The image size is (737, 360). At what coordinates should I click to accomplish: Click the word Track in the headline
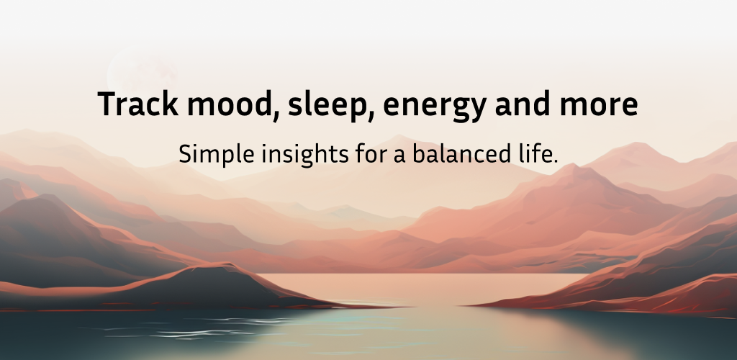137,104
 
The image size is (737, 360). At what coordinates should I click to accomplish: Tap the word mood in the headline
228,104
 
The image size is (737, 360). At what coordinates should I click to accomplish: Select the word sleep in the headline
324,105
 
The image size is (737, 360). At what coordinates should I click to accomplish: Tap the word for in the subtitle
371,153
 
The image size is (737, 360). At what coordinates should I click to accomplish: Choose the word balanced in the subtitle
461,153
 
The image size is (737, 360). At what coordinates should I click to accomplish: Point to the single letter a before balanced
400,156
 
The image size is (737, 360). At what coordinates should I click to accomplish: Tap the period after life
555,161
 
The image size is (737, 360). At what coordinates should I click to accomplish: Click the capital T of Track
106,104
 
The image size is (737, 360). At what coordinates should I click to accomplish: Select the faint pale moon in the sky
142,73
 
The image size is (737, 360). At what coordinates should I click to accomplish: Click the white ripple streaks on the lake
197,328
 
